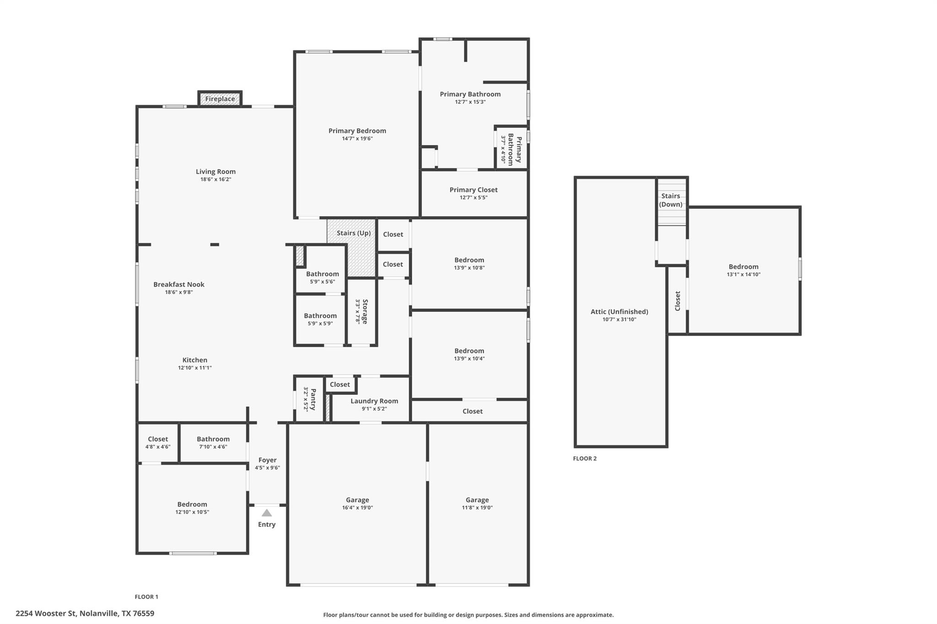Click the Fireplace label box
click(220, 99)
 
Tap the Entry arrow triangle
click(266, 513)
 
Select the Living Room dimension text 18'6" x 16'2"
click(215, 180)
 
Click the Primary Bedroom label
click(357, 131)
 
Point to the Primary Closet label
click(474, 190)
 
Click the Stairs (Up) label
click(354, 233)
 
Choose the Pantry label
click(313, 399)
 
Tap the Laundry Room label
click(374, 401)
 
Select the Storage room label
click(365, 311)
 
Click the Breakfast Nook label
click(179, 284)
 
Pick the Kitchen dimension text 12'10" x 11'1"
click(195, 368)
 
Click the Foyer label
click(267, 460)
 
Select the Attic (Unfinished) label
click(619, 312)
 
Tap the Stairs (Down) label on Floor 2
click(671, 200)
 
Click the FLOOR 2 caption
click(585, 459)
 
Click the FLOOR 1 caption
click(146, 597)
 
